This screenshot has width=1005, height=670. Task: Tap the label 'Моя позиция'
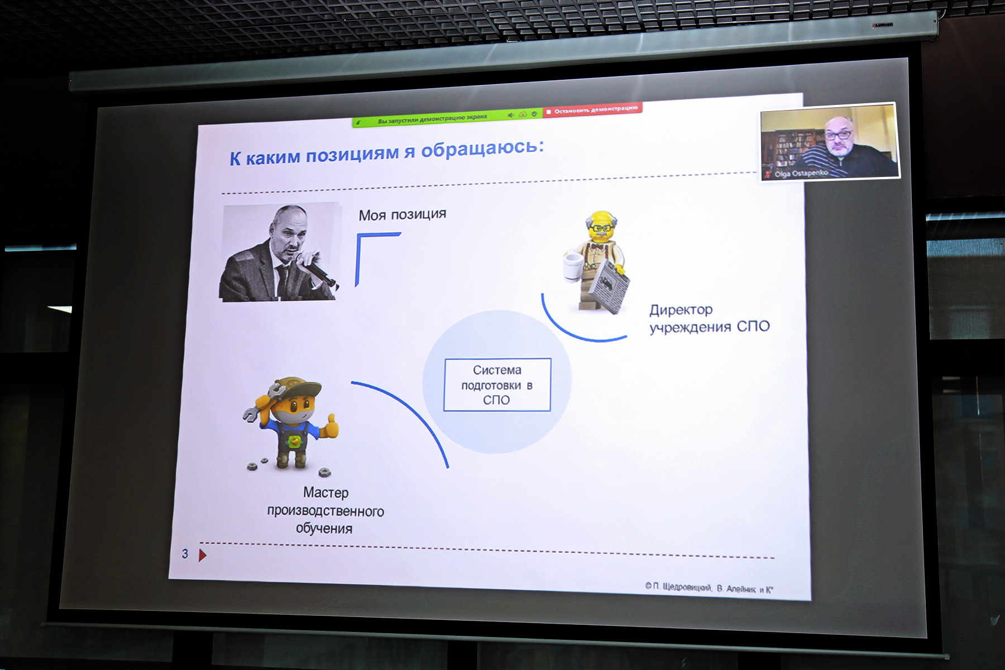pos(403,214)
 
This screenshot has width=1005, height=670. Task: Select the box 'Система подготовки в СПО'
pos(497,385)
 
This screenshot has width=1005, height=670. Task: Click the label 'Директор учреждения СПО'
pos(709,318)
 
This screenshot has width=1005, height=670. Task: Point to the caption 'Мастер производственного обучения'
pos(326,510)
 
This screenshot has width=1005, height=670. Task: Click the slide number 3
pos(185,554)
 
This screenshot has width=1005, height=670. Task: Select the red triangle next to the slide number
pos(203,555)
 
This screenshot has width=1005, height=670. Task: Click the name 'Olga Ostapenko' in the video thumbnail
pos(801,174)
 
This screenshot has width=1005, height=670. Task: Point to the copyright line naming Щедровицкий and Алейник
pos(709,587)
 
